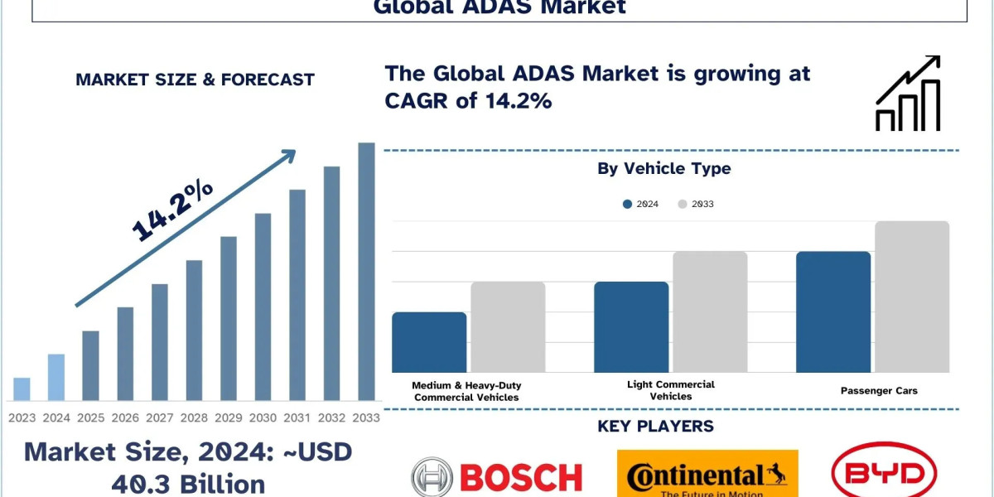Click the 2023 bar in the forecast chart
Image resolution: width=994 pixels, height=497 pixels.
coord(22,389)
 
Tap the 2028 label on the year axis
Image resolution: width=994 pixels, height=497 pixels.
coord(194,417)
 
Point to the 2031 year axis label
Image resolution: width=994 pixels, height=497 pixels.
coord(297,417)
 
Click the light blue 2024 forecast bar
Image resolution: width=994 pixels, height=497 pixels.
coord(56,378)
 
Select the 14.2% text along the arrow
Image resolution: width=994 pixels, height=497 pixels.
coord(172,211)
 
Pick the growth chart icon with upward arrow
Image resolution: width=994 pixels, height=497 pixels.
coord(908,94)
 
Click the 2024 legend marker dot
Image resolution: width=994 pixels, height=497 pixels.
coord(628,204)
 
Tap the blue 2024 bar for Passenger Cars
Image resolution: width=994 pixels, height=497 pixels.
coord(833,312)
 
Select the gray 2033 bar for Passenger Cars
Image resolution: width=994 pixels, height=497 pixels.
coord(912,297)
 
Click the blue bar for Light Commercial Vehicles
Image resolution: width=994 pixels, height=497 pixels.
coord(631,327)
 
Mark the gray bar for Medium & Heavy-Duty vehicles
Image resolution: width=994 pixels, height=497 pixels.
coord(508,327)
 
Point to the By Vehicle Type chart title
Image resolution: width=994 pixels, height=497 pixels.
coord(664,169)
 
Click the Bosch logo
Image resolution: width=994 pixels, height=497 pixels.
coord(497,476)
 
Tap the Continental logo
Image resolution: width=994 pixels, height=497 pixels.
coord(707,475)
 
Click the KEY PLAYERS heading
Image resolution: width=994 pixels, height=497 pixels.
coord(655,427)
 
